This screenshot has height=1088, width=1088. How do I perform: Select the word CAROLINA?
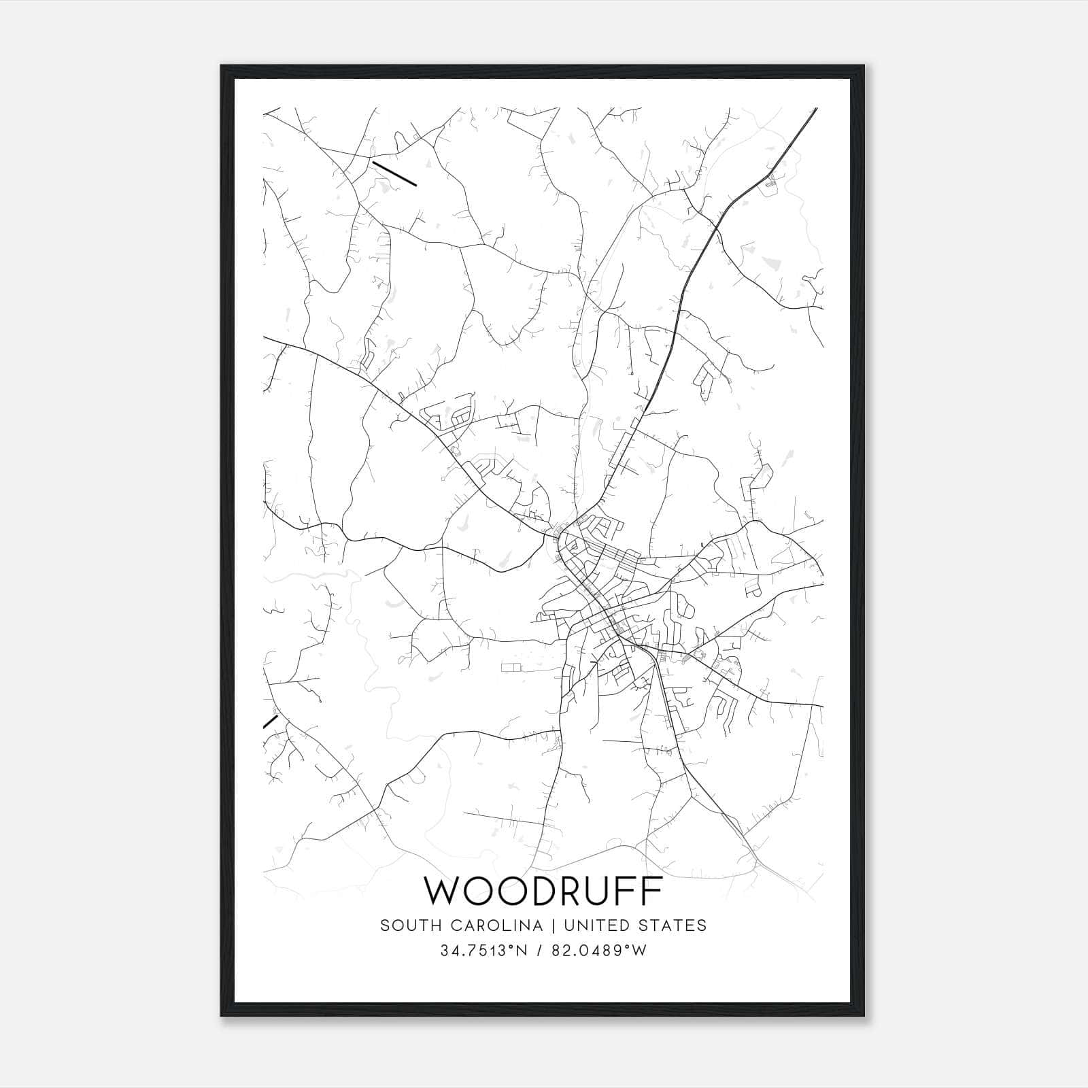click(x=492, y=925)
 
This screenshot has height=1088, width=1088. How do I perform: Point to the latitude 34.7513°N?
click(x=484, y=951)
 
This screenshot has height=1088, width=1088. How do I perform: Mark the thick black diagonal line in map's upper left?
click(x=394, y=173)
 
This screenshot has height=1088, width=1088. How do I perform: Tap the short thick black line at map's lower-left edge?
click(x=271, y=721)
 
